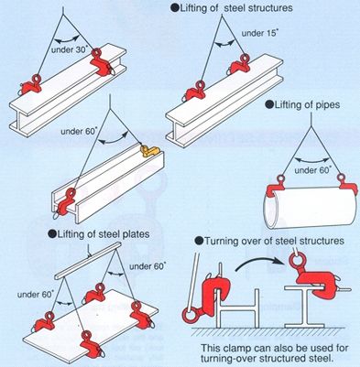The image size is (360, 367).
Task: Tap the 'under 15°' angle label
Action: coord(259,33)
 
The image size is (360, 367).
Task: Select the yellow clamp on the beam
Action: coord(149,151)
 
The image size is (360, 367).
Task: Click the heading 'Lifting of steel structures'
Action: coord(232,7)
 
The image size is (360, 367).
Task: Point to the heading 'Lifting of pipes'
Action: coord(302,105)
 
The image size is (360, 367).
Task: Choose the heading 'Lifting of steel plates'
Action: coord(99,233)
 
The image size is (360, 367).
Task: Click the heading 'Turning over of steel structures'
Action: coord(270,241)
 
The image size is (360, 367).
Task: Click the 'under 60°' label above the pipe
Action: coord(312,170)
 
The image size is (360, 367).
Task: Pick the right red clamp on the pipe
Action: coord(346,184)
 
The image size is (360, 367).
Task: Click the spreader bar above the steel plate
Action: coord(88,261)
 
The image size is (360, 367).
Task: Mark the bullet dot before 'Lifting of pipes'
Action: coord(269,105)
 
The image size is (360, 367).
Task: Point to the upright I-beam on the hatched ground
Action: coord(304,306)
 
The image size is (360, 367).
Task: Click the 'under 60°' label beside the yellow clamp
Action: coord(79,131)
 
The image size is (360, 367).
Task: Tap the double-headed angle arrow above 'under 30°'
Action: coord(67,38)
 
